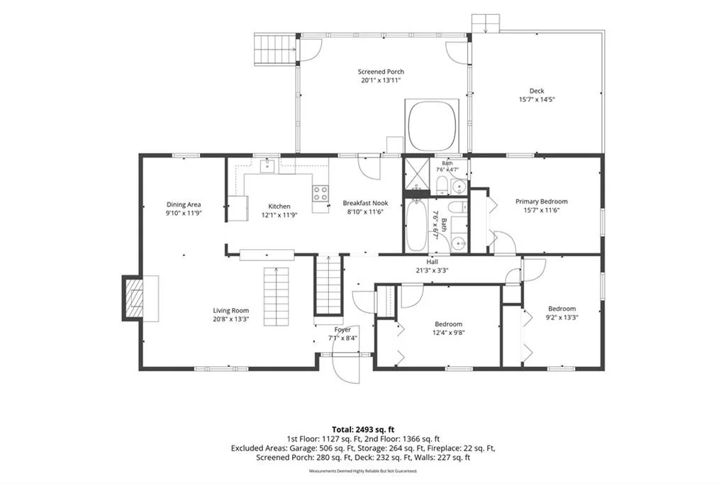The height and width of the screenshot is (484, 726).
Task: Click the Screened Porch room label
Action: tap(381, 72)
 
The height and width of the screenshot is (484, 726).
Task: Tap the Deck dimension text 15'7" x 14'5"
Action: tap(537, 99)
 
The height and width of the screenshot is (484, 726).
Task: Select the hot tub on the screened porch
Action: tap(432, 126)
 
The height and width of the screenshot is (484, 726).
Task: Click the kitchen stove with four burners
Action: tap(320, 193)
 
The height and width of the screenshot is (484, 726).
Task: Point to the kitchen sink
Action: tap(267, 165)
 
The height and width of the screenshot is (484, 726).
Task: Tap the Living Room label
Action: tap(231, 311)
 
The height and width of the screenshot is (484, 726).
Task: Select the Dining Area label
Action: tap(184, 204)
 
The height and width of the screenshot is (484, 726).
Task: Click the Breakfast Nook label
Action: tap(365, 203)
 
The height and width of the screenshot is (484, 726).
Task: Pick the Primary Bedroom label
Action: tap(541, 202)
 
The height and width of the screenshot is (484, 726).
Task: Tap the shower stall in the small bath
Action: tap(416, 174)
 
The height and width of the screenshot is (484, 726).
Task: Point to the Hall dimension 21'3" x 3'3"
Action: tap(432, 270)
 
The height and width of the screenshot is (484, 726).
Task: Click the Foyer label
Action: tap(342, 329)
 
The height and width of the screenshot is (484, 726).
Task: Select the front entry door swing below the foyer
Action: tap(346, 368)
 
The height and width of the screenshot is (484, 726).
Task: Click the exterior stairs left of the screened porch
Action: tap(275, 49)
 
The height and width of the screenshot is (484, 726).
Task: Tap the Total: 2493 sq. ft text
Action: tap(363, 429)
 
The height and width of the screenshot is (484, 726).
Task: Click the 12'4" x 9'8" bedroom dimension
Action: tap(448, 332)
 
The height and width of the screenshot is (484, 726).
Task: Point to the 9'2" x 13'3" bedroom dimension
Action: tap(562, 317)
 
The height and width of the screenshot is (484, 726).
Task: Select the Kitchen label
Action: tap(279, 207)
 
